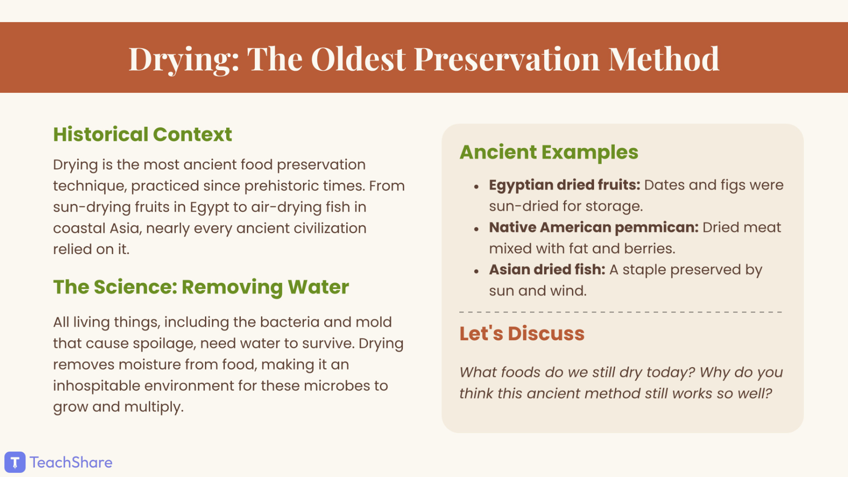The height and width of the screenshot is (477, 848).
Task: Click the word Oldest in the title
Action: [x=358, y=59]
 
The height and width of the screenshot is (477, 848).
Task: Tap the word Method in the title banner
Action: [x=664, y=59]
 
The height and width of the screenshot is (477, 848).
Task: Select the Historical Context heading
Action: [x=142, y=134]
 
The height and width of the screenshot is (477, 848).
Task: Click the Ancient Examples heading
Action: [x=549, y=152]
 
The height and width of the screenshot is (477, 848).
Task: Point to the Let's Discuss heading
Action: [x=522, y=333]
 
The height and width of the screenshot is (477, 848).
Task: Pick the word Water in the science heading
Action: [x=318, y=287]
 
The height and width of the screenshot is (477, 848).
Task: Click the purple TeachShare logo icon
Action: [x=15, y=462]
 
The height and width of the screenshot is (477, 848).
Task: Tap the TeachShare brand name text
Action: [x=71, y=462]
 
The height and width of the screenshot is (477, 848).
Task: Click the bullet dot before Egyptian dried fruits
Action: [x=476, y=187]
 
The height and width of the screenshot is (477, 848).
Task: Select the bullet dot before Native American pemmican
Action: [x=476, y=230]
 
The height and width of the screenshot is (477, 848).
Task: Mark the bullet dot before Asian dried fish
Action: [x=476, y=271]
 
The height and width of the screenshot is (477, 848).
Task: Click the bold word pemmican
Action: [x=657, y=228]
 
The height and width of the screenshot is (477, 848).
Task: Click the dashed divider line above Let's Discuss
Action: [x=621, y=312]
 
